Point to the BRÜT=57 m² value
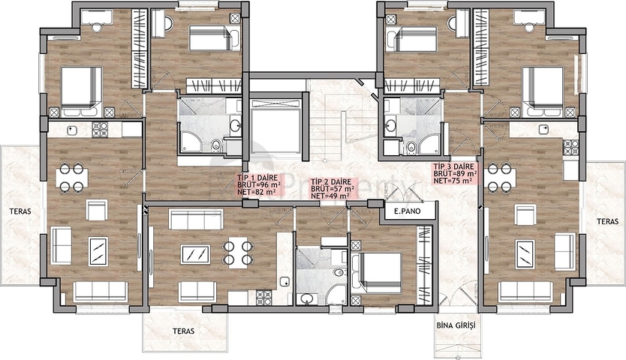click(x=332, y=189)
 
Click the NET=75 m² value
click(x=453, y=180)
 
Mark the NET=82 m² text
click(x=253, y=191)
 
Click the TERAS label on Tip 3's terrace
click(x=607, y=222)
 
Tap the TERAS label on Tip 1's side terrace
click(x=21, y=211)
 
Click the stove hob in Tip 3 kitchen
click(x=571, y=147)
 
